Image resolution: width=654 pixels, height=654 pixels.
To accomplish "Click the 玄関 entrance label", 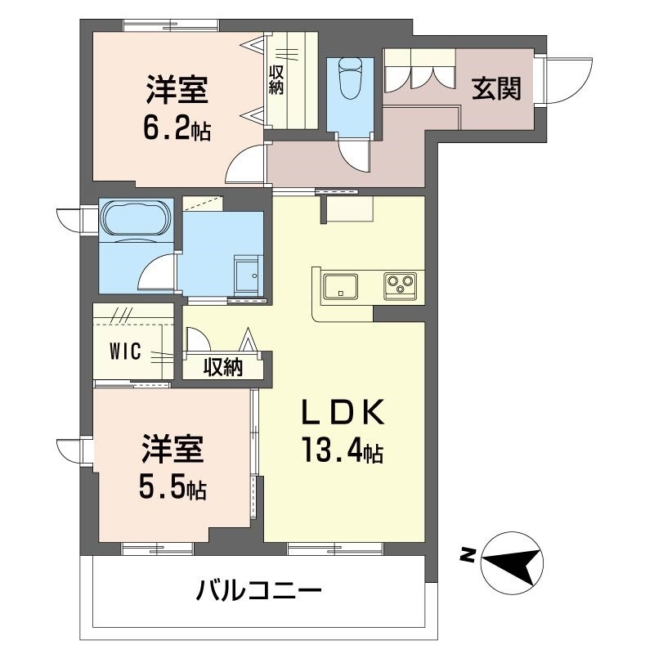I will click(x=496, y=87).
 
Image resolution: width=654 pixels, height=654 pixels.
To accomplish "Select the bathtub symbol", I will click(x=135, y=218).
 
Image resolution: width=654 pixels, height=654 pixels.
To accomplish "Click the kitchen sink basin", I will click(x=338, y=287).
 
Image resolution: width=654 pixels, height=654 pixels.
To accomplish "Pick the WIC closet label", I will click(x=126, y=352).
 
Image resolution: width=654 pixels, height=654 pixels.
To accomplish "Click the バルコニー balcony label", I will click(x=258, y=589).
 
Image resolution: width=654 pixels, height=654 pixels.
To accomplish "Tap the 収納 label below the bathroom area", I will click(x=223, y=369).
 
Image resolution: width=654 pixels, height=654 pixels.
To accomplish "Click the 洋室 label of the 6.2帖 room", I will click(x=177, y=88).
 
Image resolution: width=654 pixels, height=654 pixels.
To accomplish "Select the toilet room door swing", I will click(x=353, y=153).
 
